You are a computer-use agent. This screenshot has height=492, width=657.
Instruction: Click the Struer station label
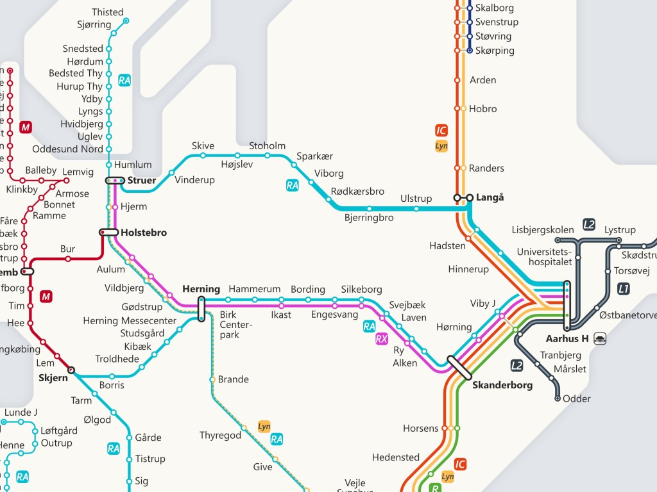coord(141,181)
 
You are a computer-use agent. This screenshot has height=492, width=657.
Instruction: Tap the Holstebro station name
coord(144,233)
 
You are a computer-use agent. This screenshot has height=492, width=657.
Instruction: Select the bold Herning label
coord(201,289)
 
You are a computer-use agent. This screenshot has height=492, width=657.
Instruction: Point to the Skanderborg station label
coord(502,385)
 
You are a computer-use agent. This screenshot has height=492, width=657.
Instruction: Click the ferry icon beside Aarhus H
coord(599,338)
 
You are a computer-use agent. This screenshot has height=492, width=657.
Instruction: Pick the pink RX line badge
coord(382,339)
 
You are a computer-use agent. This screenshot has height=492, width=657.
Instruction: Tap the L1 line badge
coord(623,288)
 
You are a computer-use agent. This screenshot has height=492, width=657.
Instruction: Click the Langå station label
coord(490,197)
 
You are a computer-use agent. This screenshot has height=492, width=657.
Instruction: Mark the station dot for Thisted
coord(126,20)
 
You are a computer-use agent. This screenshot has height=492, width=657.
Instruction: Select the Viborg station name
coord(329,174)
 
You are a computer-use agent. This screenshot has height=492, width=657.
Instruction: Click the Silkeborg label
coord(361,290)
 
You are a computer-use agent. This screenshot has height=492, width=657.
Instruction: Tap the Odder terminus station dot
coord(558,398)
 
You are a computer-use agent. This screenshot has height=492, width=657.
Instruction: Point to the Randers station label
coord(486,168)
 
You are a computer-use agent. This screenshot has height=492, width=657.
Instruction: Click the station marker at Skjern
coord(71,370)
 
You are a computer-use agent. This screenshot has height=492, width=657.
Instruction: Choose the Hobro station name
coord(482,109)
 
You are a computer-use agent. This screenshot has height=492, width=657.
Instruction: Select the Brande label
coord(233,379)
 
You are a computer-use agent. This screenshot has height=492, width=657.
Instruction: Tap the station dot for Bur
coord(68,259)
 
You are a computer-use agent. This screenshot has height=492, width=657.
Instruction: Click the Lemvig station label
coord(78,172)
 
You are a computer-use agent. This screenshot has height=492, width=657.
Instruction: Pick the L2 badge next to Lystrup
coord(589,224)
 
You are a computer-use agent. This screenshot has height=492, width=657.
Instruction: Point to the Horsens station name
coord(420,428)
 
